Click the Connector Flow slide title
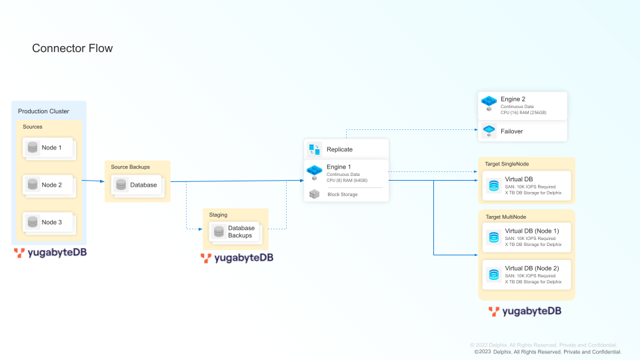[73, 48]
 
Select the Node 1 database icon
[33, 147]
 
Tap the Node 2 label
[51, 185]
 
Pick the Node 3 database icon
[33, 222]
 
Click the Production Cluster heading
[43, 111]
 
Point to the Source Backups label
[130, 167]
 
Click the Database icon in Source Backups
[121, 185]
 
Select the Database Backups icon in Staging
[219, 232]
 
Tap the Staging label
[218, 215]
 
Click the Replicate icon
[314, 149]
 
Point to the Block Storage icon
[314, 194]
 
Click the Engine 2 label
[513, 99]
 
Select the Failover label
[512, 131]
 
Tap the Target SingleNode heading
[507, 163]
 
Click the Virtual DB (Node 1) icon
[493, 237]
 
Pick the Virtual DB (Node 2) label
[532, 268]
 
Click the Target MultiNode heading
[505, 217]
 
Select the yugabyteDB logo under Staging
[237, 257]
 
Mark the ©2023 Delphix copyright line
[547, 351]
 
